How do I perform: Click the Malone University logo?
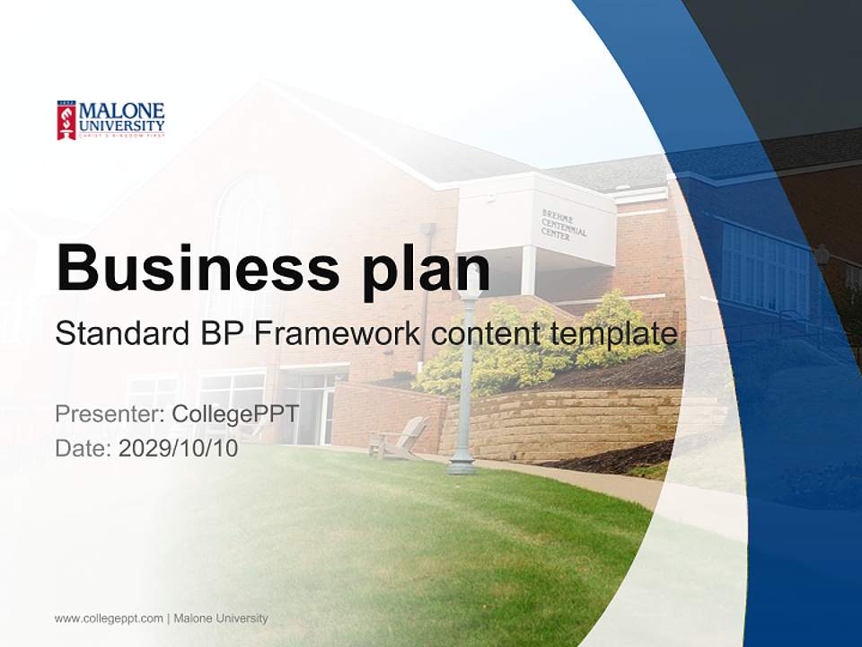tap(110, 120)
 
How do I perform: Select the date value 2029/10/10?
tap(179, 448)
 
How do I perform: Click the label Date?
tap(84, 448)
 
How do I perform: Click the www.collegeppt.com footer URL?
tap(109, 618)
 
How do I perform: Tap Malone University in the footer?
tap(221, 618)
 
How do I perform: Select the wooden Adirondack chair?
tap(400, 438)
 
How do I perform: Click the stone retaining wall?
tap(557, 422)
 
